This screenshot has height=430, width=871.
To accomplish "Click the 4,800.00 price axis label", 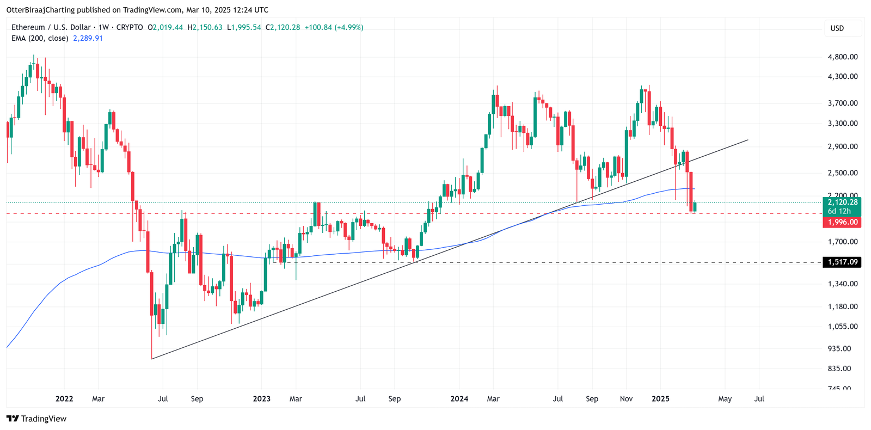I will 842,57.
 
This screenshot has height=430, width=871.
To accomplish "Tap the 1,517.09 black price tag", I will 842,262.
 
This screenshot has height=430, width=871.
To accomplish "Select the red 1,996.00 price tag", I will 842,222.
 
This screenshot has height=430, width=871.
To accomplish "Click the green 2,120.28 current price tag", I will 842,202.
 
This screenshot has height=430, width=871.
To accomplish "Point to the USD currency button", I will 837,28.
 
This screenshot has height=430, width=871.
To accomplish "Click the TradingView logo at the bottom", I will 36,419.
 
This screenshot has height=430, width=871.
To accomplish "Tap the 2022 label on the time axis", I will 64,399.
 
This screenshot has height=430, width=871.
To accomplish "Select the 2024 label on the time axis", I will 459,399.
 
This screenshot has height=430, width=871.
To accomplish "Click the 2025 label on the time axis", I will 660,399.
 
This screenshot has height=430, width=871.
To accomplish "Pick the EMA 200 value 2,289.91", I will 88,38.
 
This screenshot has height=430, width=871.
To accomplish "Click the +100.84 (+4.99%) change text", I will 334,27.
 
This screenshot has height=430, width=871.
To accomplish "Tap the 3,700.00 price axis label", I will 842,103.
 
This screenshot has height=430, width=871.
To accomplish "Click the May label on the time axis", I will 725,399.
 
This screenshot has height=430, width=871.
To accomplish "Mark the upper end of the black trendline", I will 747,140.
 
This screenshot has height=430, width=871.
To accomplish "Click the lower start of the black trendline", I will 152,359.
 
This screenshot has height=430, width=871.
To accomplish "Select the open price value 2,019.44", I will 168,27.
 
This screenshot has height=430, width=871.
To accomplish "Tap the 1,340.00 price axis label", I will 842,284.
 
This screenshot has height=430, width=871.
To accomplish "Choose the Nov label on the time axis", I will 626,399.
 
